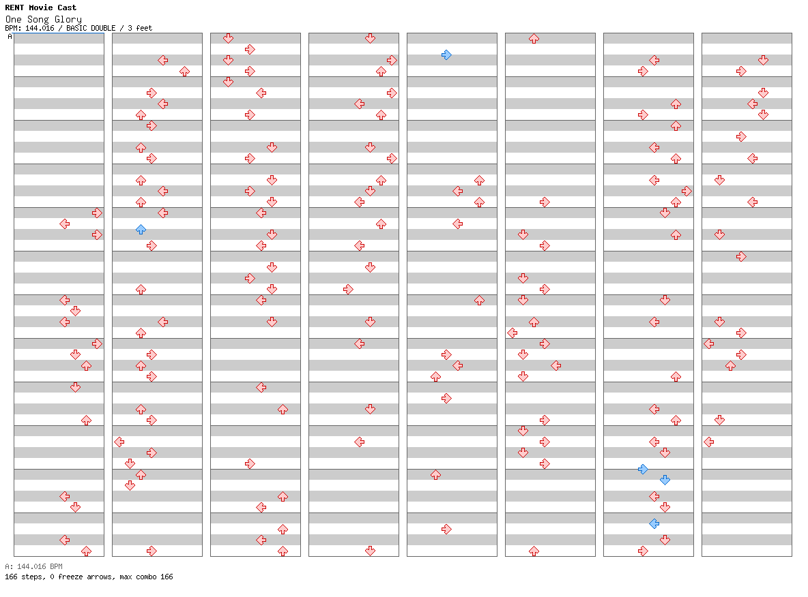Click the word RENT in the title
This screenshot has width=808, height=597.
tap(14, 7)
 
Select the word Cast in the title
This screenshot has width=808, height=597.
tap(67, 7)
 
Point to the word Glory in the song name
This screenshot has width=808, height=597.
tap(68, 20)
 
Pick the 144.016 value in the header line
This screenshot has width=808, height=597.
tap(40, 29)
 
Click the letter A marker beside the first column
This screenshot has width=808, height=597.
tap(10, 37)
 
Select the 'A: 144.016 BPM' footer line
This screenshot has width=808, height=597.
tap(33, 566)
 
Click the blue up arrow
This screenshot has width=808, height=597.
tap(141, 230)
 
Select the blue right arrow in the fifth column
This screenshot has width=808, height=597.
tap(447, 55)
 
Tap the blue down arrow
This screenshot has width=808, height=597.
tap(665, 480)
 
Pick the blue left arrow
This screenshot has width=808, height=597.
tap(654, 524)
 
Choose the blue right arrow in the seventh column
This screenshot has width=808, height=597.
tap(643, 470)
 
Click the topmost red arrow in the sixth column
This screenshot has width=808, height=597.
tap(534, 39)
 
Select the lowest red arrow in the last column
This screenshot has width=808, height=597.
tap(709, 442)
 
